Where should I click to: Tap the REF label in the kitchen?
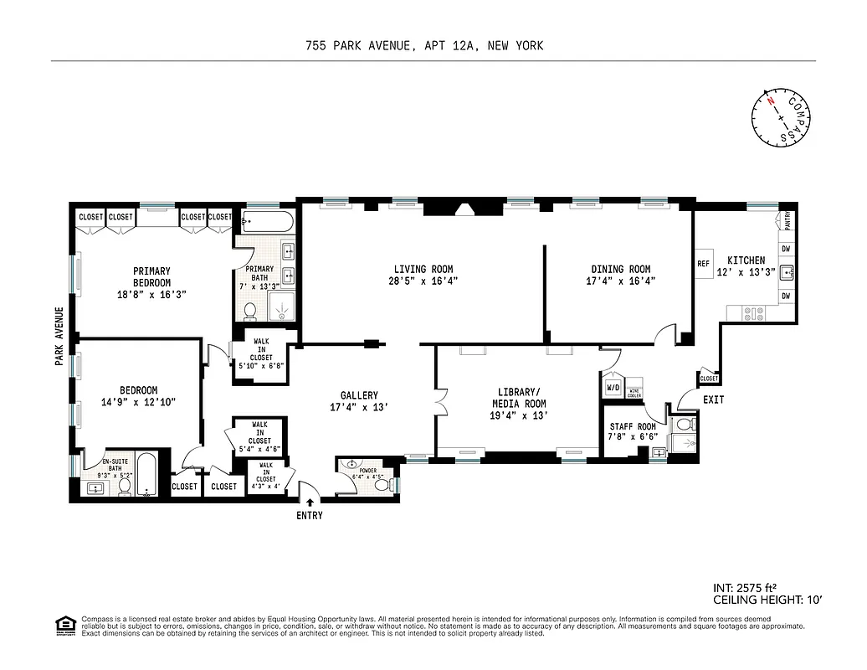703,264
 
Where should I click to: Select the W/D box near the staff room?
613,388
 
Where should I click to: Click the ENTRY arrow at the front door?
310,502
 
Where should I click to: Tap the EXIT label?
713,400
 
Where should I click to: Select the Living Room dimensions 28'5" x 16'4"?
423,282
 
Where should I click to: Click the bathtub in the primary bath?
267,223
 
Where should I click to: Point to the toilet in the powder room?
382,484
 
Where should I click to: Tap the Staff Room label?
633,427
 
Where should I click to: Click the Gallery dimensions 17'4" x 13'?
359,408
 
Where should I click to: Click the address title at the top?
424,46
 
